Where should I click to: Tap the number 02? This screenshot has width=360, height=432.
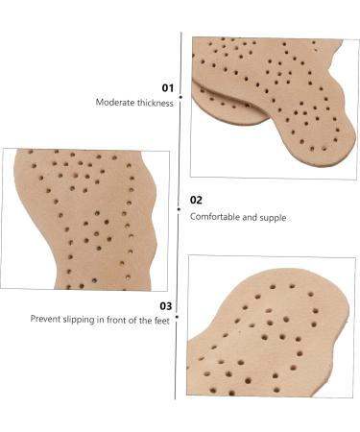click(x=196, y=200)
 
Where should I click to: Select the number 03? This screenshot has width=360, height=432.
click(x=164, y=305)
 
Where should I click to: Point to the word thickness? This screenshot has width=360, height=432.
click(x=156, y=102)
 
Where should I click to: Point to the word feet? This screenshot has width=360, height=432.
click(x=160, y=320)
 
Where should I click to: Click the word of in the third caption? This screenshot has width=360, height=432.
click(x=134, y=320)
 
